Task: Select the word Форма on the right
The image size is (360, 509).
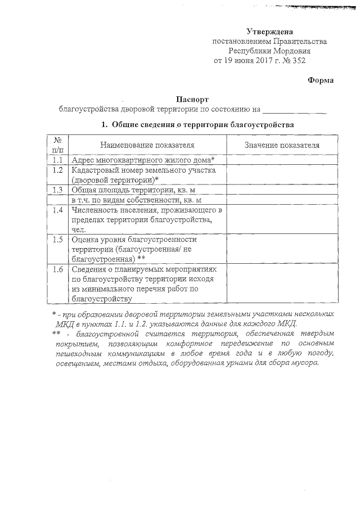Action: [x=321, y=80]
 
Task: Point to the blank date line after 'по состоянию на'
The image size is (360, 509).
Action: [x=294, y=109]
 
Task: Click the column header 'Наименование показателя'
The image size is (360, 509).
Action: [x=147, y=145]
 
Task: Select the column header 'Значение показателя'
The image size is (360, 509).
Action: [x=282, y=145]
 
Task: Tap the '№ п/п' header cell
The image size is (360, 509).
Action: [x=57, y=145]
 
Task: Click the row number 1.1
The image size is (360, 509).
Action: [x=57, y=160]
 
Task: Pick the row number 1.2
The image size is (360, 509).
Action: [x=57, y=170]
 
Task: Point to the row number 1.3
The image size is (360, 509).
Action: [x=57, y=190]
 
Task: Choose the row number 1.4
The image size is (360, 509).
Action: [x=57, y=210]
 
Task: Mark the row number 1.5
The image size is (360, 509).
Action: [x=57, y=240]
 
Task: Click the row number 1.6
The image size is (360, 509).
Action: [x=57, y=269]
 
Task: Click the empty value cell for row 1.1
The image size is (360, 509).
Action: [x=282, y=160]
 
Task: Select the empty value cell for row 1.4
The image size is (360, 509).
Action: [x=282, y=219]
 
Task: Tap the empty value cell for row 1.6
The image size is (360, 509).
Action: [x=282, y=283]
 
